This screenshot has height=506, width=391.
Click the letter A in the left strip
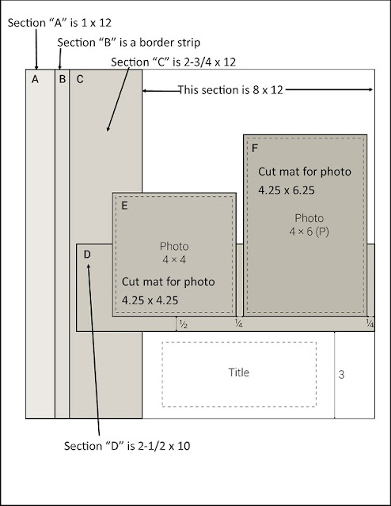36,79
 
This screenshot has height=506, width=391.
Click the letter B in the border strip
63,79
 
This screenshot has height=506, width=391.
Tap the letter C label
80,79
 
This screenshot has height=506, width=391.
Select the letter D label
87,255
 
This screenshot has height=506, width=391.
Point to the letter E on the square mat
124,206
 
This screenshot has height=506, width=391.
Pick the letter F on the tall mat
255,148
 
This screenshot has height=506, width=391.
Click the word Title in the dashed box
239,372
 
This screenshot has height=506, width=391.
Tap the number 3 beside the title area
341,374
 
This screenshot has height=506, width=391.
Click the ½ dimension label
183,324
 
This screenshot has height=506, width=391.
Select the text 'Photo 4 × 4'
174,253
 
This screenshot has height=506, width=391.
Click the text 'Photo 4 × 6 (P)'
309,225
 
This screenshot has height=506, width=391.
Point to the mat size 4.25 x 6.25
287,190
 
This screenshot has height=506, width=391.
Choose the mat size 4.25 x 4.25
150,300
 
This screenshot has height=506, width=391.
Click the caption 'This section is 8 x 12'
230,89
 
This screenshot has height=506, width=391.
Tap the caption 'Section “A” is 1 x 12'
59,23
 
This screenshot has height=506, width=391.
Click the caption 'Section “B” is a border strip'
128,43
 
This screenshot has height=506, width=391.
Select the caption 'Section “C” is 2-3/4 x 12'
173,62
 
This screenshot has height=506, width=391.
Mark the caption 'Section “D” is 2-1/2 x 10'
127,446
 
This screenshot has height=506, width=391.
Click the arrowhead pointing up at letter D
88,266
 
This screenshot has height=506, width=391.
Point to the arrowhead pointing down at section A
36,66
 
